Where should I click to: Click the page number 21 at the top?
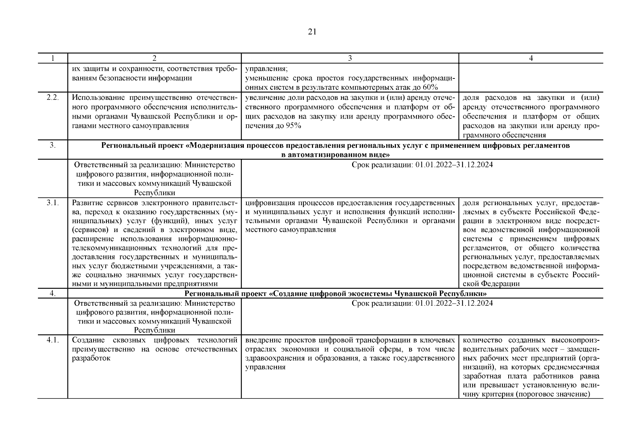pyautogui.click(x=312, y=32)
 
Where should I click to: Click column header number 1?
pyautogui.click(x=53, y=58)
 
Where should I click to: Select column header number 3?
pyautogui.click(x=350, y=58)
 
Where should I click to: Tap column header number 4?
pyautogui.click(x=531, y=58)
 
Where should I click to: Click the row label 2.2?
pyautogui.click(x=53, y=98)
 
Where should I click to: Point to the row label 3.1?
pyautogui.click(x=53, y=203)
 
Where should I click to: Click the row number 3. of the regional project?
pyautogui.click(x=53, y=145)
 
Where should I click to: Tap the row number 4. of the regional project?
pyautogui.click(x=53, y=294)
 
